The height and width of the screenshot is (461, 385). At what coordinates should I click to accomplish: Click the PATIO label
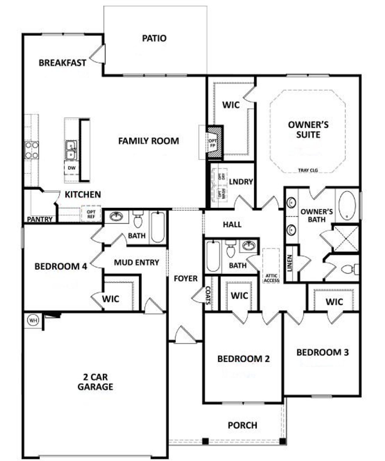[x=154, y=38]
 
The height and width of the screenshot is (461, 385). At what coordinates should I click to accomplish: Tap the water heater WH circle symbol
[x=33, y=320]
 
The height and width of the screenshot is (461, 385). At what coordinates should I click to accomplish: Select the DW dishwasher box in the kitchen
[x=72, y=168]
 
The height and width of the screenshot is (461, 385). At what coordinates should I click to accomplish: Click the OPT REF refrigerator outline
[x=91, y=214]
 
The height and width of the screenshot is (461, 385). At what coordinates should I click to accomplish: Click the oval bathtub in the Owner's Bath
[x=347, y=205]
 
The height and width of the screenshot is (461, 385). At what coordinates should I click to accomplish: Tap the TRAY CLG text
[x=308, y=170]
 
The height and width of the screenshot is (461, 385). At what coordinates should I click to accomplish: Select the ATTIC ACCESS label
[x=271, y=278]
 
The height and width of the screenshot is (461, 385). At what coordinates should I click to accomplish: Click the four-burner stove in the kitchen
[x=32, y=150]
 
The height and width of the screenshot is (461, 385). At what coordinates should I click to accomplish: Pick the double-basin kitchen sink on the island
[x=71, y=150]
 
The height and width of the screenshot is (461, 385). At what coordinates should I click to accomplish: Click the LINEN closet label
[x=290, y=263]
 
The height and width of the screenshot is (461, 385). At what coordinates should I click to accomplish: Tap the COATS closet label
[x=208, y=295]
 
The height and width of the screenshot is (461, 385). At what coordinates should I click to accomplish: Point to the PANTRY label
[x=40, y=219]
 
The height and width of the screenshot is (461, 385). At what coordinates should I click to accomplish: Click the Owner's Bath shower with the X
[x=346, y=238]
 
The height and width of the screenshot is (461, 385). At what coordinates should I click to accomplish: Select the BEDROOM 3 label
[x=322, y=352]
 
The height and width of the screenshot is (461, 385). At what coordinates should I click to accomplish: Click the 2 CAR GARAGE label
[x=95, y=382]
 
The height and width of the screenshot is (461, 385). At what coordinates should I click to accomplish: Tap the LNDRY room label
[x=241, y=182]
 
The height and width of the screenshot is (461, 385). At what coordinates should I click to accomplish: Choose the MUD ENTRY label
[x=136, y=262]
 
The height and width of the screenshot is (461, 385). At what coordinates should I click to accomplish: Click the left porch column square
[x=205, y=441]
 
